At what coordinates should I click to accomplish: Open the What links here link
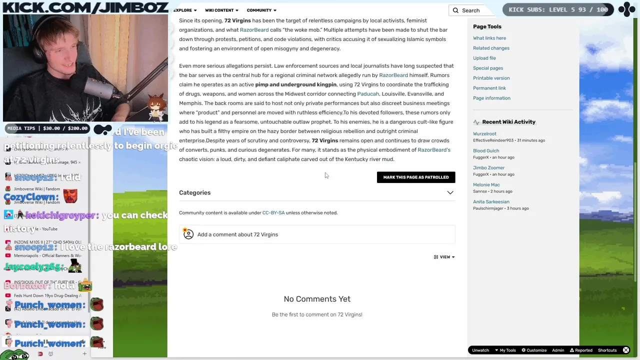click(489, 38)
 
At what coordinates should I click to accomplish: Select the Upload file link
click(484, 58)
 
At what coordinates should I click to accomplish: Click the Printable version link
click(491, 78)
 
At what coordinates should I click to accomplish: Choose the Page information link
click(491, 98)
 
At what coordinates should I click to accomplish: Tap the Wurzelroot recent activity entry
click(484, 134)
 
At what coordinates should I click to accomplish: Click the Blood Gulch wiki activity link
click(486, 151)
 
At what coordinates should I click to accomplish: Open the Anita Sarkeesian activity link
click(491, 202)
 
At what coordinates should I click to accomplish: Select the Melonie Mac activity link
click(486, 185)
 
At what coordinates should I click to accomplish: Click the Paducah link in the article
click(368, 94)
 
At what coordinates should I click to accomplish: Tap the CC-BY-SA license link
click(273, 213)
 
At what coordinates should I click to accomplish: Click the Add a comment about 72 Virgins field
click(317, 234)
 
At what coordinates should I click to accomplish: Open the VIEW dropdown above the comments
click(444, 257)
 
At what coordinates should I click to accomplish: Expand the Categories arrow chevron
click(450, 193)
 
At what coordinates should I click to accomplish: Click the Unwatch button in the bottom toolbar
click(480, 350)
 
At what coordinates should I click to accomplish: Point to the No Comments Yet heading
click(317, 299)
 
